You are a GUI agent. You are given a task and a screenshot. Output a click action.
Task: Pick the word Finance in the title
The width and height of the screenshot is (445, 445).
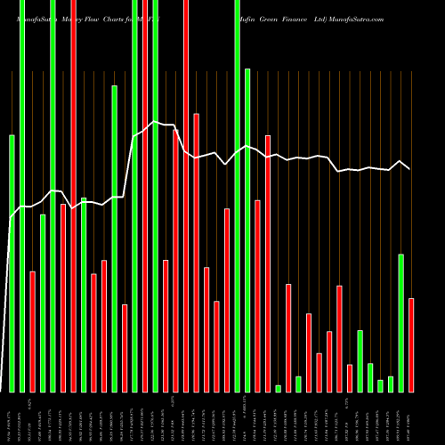[300, 18]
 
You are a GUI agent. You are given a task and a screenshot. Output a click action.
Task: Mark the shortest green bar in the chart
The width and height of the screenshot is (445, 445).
[279, 388]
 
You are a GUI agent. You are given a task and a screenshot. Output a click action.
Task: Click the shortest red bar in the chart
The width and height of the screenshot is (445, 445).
[350, 377]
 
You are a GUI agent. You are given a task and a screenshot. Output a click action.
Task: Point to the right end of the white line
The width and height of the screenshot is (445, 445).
[409, 168]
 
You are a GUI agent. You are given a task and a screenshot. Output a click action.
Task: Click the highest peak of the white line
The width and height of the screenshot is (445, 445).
[155, 121]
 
